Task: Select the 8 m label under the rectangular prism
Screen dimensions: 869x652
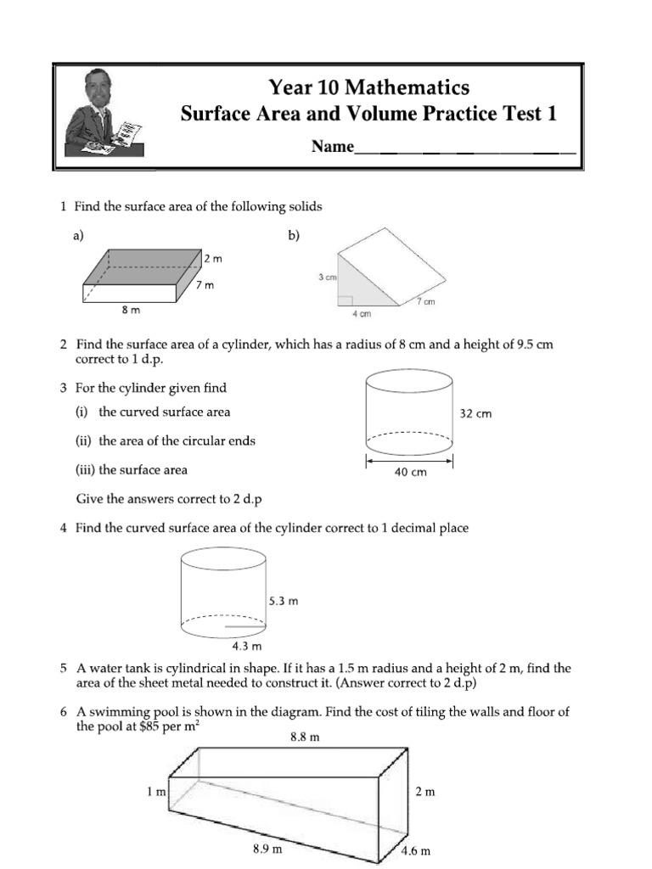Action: coord(131,311)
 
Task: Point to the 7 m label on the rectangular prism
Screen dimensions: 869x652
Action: coord(205,286)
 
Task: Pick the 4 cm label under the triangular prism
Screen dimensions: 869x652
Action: coord(362,314)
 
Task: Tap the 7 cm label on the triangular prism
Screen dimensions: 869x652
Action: coord(424,302)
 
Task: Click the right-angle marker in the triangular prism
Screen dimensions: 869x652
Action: coord(344,300)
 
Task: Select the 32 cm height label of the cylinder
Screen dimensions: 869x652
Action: coord(475,414)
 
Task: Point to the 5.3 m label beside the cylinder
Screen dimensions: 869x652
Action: coord(284,601)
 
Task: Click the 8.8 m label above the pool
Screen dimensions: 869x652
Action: coord(305,737)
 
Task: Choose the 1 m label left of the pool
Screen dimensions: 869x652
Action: coord(155,792)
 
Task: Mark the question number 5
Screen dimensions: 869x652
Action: coord(64,669)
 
